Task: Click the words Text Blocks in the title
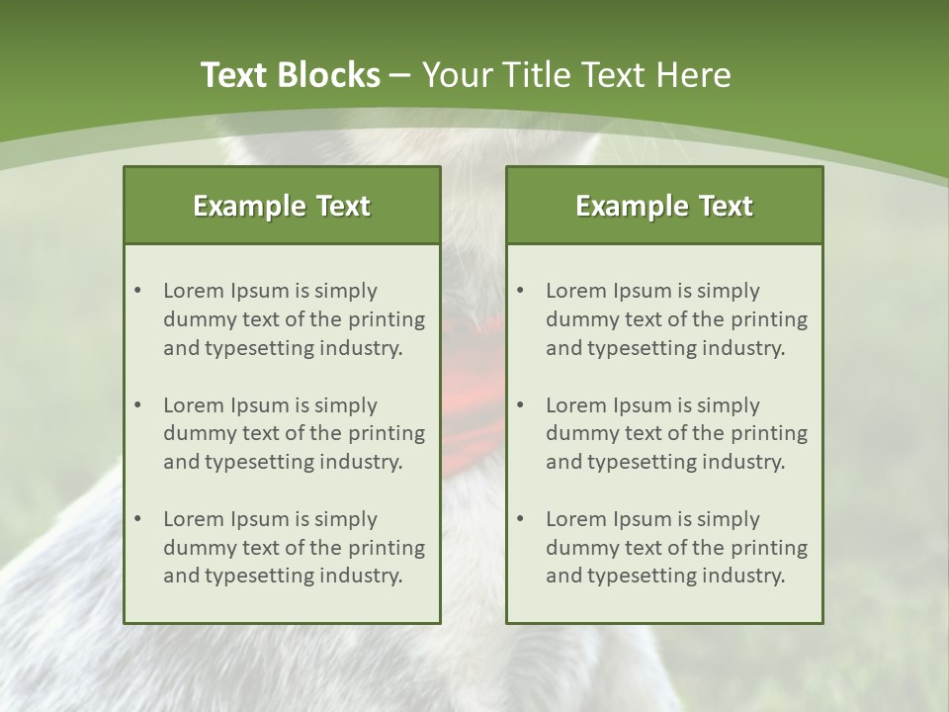[290, 75]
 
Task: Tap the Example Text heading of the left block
[282, 206]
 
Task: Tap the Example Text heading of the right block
[664, 206]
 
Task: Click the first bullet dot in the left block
[137, 291]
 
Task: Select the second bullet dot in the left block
[137, 405]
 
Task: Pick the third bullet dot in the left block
[137, 519]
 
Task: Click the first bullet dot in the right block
[520, 291]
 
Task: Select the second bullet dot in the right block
[520, 405]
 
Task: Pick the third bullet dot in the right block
[520, 519]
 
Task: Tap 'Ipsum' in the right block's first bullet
[640, 291]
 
